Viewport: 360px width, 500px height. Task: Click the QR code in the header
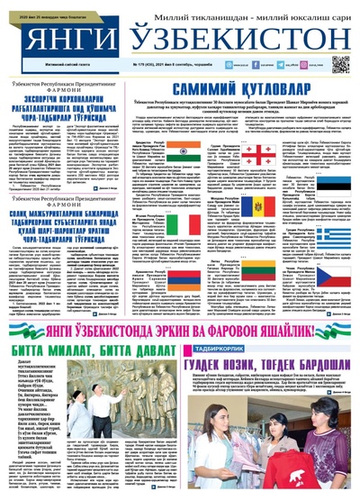(x=340, y=64)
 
